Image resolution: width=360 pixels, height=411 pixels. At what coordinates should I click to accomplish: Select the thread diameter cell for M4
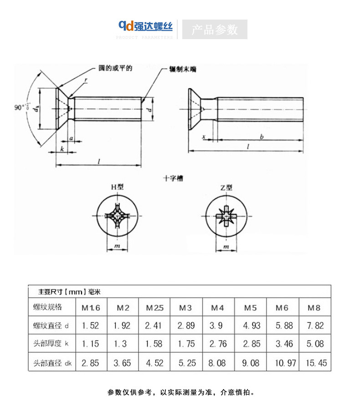pyautogui.click(x=218, y=325)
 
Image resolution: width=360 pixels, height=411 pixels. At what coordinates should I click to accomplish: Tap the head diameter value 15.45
pyautogui.click(x=314, y=363)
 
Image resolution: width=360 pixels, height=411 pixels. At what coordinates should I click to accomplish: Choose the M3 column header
pyautogui.click(x=185, y=308)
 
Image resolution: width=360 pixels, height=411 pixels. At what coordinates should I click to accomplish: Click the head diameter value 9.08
pyautogui.click(x=251, y=363)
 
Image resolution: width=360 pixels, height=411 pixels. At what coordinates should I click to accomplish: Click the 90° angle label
pyautogui.click(x=21, y=108)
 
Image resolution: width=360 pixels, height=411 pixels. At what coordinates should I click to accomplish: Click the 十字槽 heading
pyautogui.click(x=173, y=178)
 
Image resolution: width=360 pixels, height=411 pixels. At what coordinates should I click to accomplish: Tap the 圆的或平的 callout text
pyautogui.click(x=115, y=68)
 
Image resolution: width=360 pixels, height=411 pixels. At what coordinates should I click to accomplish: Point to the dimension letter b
pyautogui.click(x=261, y=136)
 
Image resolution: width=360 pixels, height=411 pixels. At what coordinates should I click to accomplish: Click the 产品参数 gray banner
pyautogui.click(x=215, y=30)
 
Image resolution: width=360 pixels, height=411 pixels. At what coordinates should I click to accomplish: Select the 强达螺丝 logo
pyautogui.click(x=145, y=26)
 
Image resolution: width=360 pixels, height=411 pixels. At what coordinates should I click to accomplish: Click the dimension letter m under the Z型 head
pyautogui.click(x=226, y=246)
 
